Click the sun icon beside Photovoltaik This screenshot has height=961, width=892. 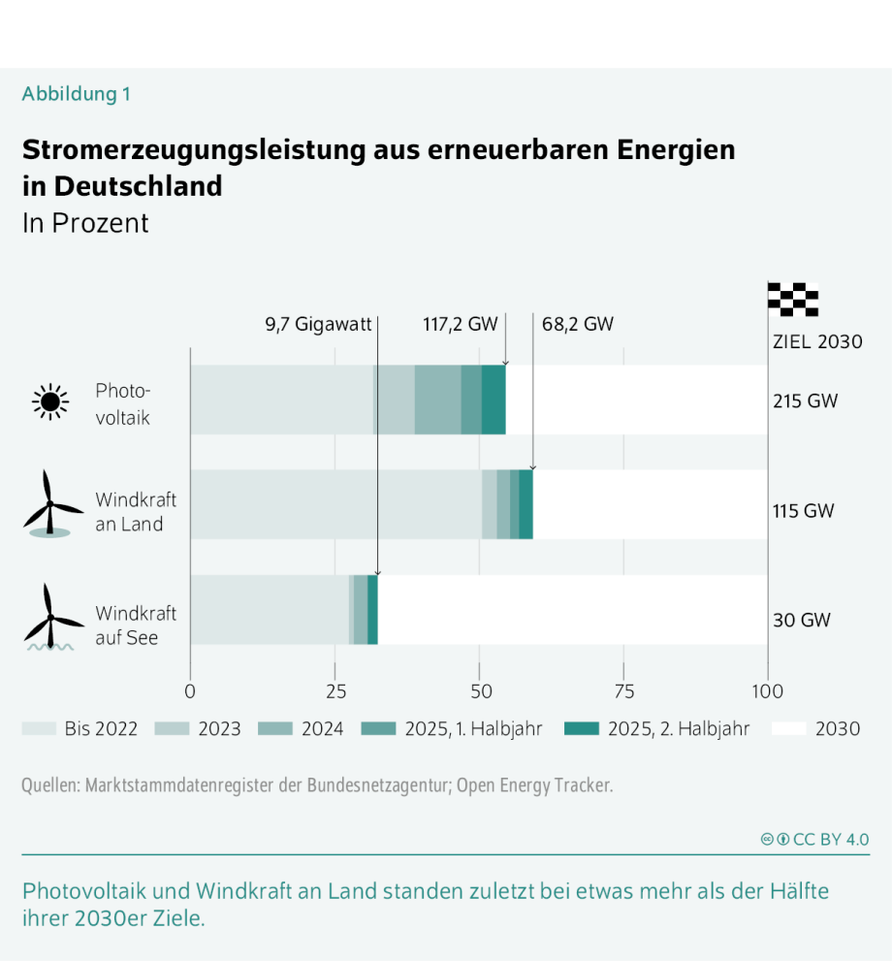[x=50, y=400]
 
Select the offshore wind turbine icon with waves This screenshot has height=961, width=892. [x=50, y=617]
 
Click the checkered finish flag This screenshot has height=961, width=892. [x=792, y=299]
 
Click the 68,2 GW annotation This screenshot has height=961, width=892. [x=577, y=325]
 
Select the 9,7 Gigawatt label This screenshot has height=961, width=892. [x=318, y=325]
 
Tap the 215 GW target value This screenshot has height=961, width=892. [x=804, y=400]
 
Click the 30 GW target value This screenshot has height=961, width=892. [x=801, y=621]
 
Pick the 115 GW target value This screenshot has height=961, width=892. [x=803, y=511]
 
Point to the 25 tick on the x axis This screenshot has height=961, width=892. [x=335, y=692]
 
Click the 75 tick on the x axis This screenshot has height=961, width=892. [x=623, y=692]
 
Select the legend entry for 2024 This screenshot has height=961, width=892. [x=302, y=728]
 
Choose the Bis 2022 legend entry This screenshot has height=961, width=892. [x=80, y=728]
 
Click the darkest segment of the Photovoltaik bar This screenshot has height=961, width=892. [x=494, y=400]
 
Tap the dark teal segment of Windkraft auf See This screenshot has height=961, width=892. [x=372, y=609]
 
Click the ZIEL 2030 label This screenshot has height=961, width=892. [x=816, y=341]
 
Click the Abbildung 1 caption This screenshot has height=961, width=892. [x=76, y=94]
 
